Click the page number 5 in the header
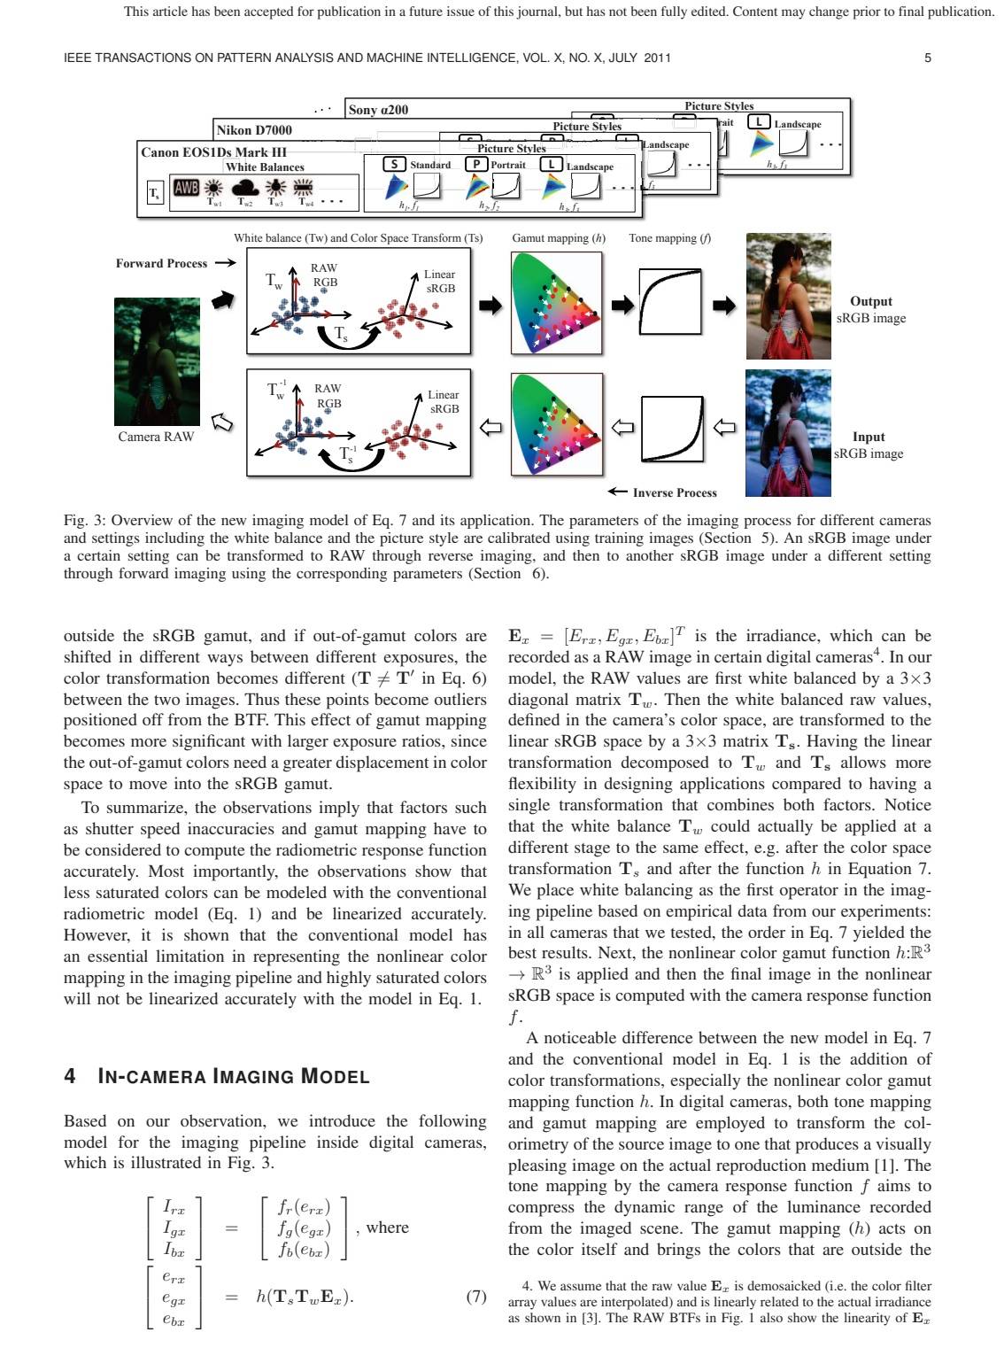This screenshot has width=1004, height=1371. pos(927,58)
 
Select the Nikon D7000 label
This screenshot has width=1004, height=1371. pos(255,130)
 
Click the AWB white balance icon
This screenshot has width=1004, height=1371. pos(186,188)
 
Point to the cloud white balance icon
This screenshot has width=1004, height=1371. pos(245,189)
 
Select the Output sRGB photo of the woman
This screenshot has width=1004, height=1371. pos(788,296)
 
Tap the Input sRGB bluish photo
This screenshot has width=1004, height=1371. pos(788,433)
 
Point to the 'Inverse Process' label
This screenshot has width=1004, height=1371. pos(675,492)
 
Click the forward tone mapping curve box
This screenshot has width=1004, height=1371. pos(670,304)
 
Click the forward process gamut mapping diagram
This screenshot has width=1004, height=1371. pos(557,303)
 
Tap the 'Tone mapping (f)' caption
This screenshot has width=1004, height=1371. pos(669,238)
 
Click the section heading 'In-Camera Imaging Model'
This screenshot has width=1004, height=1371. pos(216,1077)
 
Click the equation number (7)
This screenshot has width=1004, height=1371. pos(476,1297)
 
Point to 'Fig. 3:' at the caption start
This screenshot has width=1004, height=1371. pos(84,520)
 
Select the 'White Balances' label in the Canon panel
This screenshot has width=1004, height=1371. pos(265,167)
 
